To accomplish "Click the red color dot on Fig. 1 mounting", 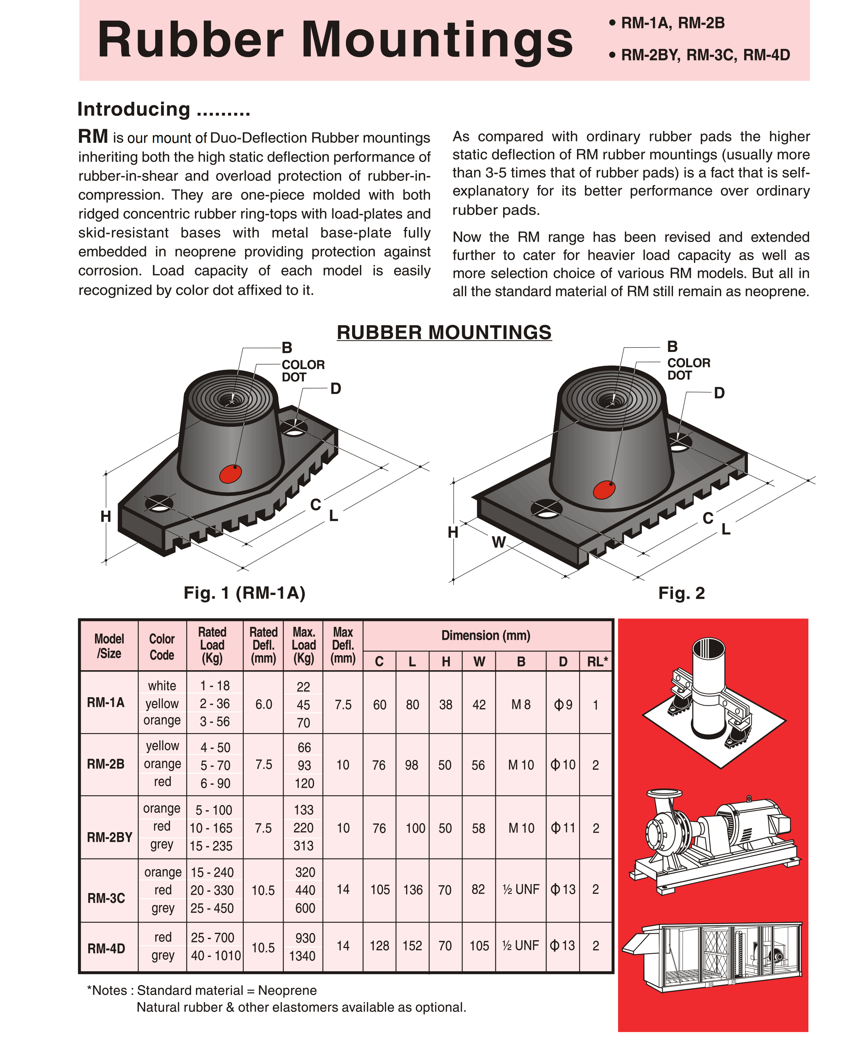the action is point(230,474).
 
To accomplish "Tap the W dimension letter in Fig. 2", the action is point(499,542).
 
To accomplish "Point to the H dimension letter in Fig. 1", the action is point(106,516).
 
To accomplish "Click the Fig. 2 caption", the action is point(681,593).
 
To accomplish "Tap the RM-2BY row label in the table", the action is point(110,837).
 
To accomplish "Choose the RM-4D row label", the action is point(106,948).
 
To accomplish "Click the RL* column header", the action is point(597,662).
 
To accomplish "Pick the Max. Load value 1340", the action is point(303,956).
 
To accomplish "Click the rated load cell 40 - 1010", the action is point(216,955).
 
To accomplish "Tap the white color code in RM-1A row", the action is point(162,686).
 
